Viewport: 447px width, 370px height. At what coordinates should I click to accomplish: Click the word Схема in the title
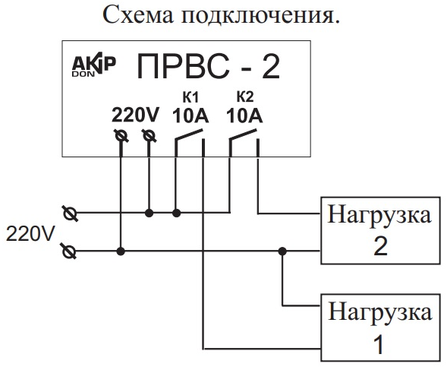[x=138, y=14]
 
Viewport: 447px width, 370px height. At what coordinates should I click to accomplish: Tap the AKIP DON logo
[x=94, y=65]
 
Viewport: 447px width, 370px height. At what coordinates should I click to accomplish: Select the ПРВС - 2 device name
[x=208, y=67]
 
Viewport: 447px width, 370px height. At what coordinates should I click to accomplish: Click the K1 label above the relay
[x=190, y=97]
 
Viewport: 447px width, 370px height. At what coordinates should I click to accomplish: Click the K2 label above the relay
[x=245, y=97]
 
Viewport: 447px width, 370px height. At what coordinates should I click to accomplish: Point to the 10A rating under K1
[x=190, y=115]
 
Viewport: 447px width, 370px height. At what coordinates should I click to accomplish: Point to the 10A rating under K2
[x=244, y=115]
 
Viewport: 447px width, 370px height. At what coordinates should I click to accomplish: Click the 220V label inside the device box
[x=135, y=115]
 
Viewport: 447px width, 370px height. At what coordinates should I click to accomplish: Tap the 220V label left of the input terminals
[x=30, y=234]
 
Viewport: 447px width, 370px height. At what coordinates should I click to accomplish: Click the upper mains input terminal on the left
[x=70, y=213]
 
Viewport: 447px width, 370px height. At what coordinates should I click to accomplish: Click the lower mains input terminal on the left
[x=70, y=251]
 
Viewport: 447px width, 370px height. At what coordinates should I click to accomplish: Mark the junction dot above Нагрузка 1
[x=282, y=251]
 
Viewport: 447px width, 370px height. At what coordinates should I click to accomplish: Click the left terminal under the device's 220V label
[x=121, y=135]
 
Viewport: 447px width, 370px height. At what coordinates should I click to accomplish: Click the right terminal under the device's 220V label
[x=149, y=135]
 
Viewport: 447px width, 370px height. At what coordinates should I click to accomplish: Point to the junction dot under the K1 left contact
[x=177, y=213]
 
